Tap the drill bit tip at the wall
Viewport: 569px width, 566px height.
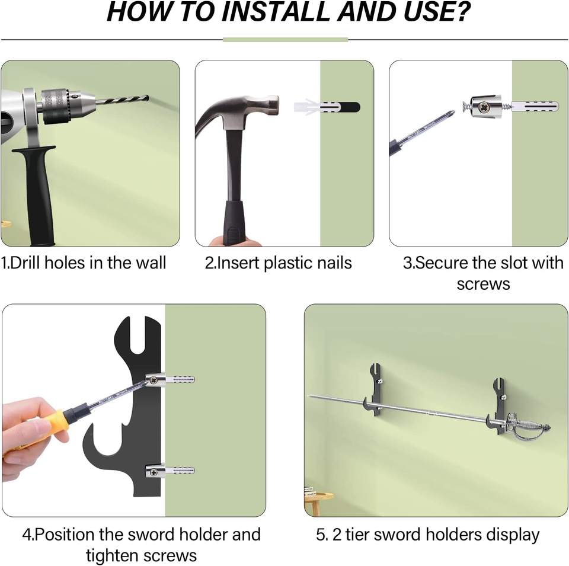148,97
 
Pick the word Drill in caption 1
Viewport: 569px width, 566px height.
25,263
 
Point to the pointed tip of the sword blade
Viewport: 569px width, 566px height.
309,396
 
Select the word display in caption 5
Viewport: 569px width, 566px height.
512,536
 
